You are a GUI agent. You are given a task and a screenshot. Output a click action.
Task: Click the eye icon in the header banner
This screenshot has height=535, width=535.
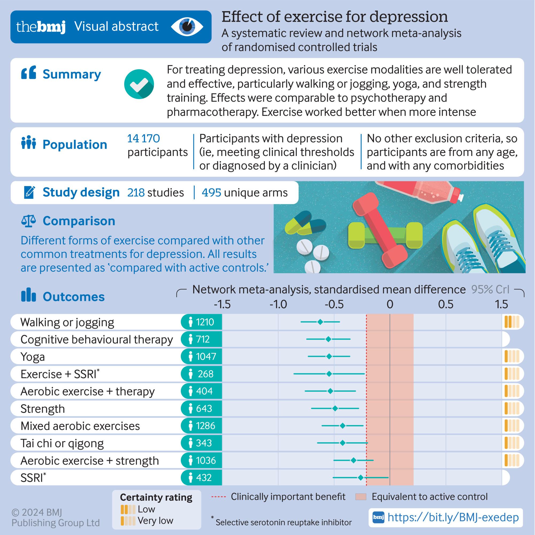[x=187, y=27]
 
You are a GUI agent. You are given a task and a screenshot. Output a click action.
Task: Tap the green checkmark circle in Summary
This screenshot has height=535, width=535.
[x=139, y=84]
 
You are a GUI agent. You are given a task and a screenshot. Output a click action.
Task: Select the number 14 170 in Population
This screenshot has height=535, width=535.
[x=143, y=139]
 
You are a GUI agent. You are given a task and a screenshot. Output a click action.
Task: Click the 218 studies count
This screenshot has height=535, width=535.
[x=155, y=192]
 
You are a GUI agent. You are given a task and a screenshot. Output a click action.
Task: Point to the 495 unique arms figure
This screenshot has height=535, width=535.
[x=244, y=192]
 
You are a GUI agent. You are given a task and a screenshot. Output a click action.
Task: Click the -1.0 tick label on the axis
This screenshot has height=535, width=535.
[x=278, y=305]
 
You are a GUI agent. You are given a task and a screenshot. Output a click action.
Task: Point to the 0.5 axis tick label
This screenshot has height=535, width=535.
[x=446, y=305]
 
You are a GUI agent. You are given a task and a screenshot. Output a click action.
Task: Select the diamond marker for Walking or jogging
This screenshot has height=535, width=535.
[x=320, y=322]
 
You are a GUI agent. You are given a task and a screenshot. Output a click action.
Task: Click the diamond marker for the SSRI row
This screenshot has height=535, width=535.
[x=360, y=477]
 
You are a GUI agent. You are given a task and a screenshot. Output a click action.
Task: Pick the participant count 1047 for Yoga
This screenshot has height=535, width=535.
[x=206, y=356]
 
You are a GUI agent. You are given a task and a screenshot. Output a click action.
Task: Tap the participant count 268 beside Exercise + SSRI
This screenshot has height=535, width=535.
[x=205, y=374]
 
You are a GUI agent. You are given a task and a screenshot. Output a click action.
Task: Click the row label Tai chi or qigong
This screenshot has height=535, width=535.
[x=62, y=443]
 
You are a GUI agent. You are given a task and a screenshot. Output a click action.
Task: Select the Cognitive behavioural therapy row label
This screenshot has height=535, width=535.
[x=97, y=339]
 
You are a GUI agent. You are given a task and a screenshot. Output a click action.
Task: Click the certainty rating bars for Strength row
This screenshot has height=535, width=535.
[x=512, y=408]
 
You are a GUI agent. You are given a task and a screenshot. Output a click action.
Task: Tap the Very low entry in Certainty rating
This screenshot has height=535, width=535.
[x=155, y=521]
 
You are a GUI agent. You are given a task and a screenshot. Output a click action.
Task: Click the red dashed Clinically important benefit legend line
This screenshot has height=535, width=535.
[x=219, y=497]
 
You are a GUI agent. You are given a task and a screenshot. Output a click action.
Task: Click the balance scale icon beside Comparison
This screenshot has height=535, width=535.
[x=29, y=221]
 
